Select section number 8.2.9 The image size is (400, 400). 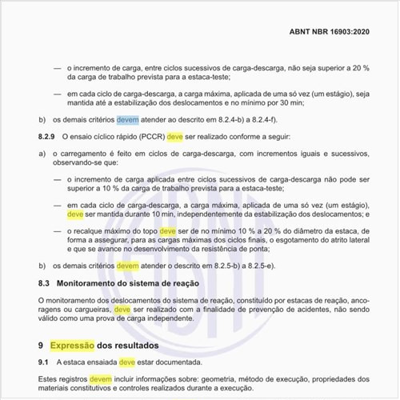click(x=49, y=138)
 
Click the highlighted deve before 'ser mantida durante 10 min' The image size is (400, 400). click(x=76, y=214)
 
